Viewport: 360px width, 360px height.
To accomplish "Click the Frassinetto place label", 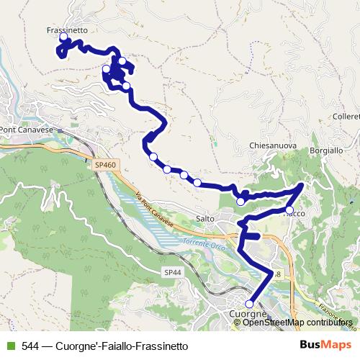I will point(67,30).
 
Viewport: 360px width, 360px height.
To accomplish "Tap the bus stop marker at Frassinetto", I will point(63,37).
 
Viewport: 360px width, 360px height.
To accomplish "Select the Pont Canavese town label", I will point(27,130).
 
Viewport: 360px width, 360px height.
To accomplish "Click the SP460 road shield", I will point(105,165).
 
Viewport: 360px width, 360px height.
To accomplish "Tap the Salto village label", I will point(206,219).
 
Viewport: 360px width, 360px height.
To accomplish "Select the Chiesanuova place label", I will point(273,145).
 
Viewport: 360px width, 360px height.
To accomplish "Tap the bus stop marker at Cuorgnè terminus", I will point(250,304).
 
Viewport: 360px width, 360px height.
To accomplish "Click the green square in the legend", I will point(10,346).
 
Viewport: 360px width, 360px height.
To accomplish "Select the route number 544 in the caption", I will point(30,346).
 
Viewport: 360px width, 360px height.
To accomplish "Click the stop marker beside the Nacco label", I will point(289,210).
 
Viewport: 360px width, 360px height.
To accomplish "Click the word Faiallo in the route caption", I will point(119,346).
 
